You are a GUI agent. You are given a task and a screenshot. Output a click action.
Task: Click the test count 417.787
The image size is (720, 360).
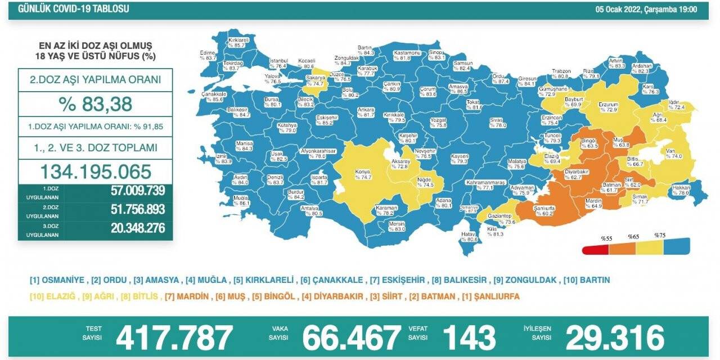[x=174, y=337]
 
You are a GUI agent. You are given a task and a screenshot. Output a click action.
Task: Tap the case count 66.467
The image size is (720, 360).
[x=352, y=337]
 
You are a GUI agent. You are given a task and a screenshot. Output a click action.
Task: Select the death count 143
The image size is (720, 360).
[x=469, y=337]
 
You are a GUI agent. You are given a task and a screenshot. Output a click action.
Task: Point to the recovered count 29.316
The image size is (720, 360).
[x=615, y=337]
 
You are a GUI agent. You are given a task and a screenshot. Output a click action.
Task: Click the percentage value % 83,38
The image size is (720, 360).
[x=95, y=104]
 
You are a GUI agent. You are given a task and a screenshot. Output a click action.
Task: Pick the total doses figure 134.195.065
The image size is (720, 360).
[x=95, y=172]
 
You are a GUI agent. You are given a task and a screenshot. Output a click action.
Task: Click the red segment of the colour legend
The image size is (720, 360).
[x=596, y=248]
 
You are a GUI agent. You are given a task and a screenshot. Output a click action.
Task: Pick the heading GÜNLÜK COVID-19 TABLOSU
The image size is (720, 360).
[x=74, y=9]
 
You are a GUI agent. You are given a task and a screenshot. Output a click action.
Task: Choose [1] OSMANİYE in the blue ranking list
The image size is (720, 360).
[x=57, y=280]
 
